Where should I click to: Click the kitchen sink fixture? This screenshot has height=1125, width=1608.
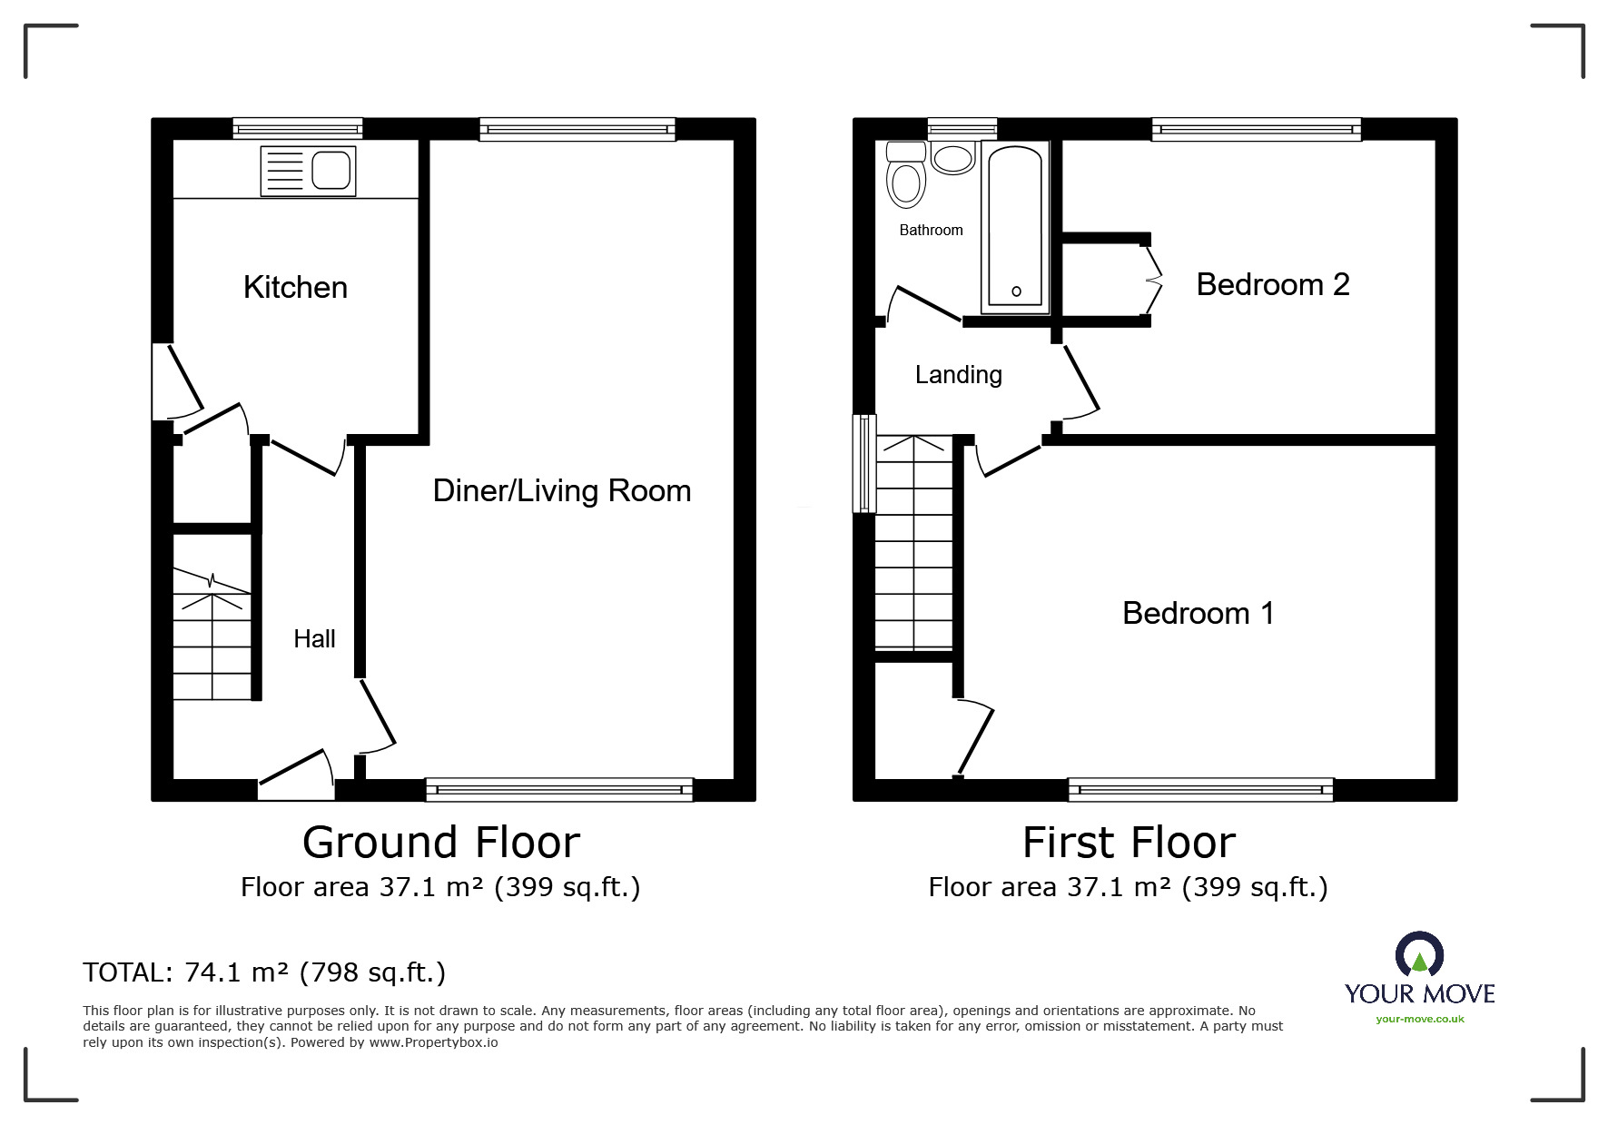click(x=308, y=171)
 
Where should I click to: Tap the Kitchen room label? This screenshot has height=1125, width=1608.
click(x=295, y=288)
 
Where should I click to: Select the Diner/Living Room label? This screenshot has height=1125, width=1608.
click(x=561, y=491)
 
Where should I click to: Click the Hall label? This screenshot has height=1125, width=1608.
click(x=314, y=639)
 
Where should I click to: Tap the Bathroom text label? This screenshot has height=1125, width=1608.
click(x=931, y=231)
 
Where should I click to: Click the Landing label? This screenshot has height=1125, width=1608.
click(x=958, y=375)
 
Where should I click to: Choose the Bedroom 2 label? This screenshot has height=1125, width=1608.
click(x=1272, y=285)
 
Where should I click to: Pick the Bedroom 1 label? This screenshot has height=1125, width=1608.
click(x=1198, y=614)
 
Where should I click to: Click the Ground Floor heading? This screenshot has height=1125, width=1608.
click(x=440, y=843)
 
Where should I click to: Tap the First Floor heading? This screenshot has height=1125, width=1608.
click(x=1128, y=843)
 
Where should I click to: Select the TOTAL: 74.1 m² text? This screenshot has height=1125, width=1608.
click(x=264, y=972)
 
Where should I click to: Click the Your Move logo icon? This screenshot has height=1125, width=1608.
click(x=1418, y=955)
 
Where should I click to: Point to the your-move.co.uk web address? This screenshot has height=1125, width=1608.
click(x=1419, y=1019)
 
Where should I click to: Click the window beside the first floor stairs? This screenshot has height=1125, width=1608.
click(x=863, y=463)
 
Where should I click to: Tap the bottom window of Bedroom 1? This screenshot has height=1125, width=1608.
click(x=1199, y=790)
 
